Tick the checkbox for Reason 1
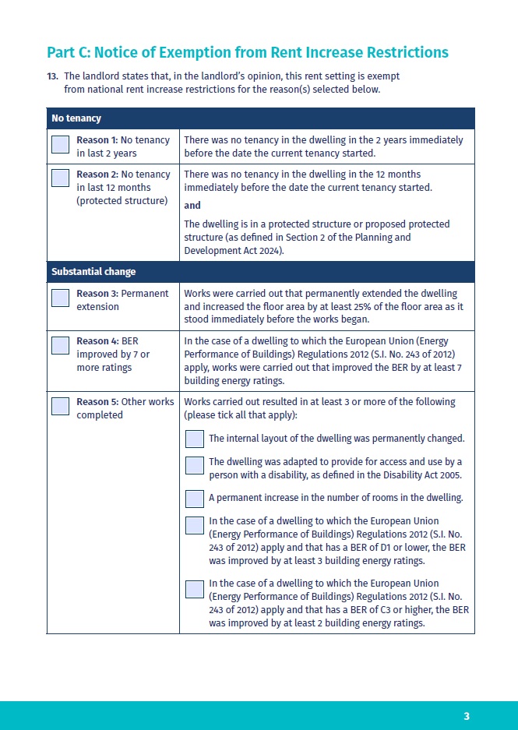pos(60,145)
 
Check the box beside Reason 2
pos(60,178)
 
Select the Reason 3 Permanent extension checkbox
pos(60,298)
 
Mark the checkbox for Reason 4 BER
pos(60,345)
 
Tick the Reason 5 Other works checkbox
pos(60,406)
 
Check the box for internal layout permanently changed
pos(195,439)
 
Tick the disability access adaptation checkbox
pos(195,466)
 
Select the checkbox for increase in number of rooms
pos(195,499)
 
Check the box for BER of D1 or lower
pos(195,526)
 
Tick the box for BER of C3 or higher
pos(195,588)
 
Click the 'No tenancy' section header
pos(76,118)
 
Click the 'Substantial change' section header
pos(93,272)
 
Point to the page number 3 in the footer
pos(467,716)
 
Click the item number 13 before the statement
pos(52,76)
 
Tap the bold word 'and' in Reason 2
pos(192,206)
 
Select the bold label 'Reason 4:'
pos(98,341)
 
